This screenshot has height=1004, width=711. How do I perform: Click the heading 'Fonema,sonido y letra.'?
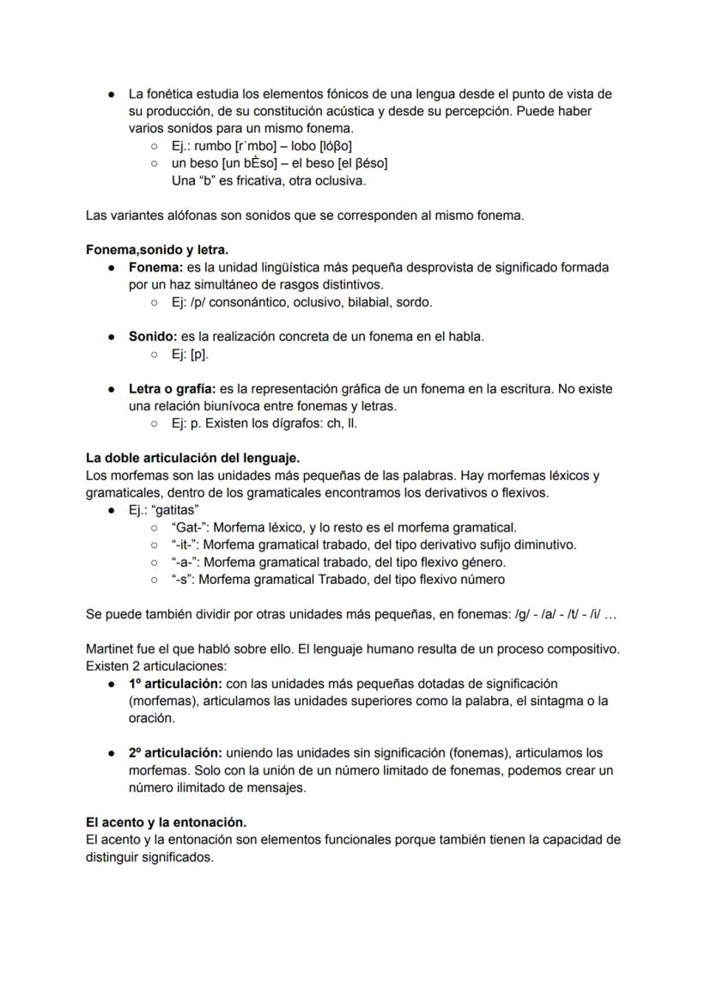coord(157,250)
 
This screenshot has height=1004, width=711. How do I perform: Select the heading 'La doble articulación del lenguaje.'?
coord(192,458)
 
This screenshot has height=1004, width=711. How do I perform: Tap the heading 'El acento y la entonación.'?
coord(166,822)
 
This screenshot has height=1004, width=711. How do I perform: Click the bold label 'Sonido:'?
coord(153,337)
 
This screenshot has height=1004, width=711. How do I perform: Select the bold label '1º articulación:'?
coord(175,684)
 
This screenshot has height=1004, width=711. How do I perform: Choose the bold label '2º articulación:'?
coord(176,753)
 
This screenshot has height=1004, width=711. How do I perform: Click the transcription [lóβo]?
coord(336,146)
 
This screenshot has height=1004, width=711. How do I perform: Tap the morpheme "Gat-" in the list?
coord(190,527)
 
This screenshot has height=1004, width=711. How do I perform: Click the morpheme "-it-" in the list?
coord(185,545)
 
